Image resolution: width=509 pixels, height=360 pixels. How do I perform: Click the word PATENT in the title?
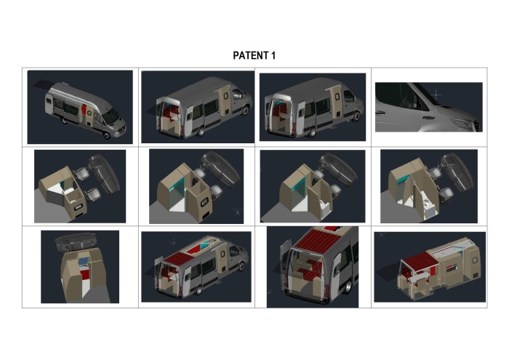[x=249, y=55]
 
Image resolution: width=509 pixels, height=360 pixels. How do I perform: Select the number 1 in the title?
[x=273, y=55]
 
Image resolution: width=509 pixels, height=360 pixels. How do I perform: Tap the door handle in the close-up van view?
[x=380, y=113]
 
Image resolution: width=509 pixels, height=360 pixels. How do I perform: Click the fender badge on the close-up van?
[x=428, y=118]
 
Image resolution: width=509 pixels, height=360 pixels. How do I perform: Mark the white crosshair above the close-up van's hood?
[x=436, y=95]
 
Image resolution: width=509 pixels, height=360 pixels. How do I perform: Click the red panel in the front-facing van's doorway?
[x=84, y=109]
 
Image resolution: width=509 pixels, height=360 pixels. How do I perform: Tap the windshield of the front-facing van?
[x=111, y=116]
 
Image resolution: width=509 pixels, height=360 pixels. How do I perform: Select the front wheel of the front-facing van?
[x=106, y=135]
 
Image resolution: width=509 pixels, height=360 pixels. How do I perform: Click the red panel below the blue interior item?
[x=85, y=275]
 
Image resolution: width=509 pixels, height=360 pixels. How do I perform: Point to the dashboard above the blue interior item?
[x=75, y=242]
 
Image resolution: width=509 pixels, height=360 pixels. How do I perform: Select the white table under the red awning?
[x=418, y=279]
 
